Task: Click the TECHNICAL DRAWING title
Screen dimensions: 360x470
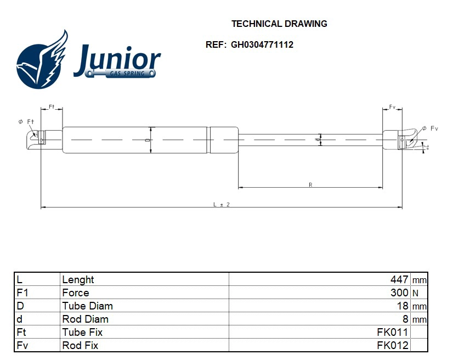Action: pyautogui.click(x=279, y=24)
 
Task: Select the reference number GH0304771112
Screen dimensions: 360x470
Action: pyautogui.click(x=261, y=45)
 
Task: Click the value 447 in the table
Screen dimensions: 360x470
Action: pyautogui.click(x=399, y=279)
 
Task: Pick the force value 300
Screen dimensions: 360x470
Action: pyautogui.click(x=399, y=292)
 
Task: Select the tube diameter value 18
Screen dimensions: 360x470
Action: pyautogui.click(x=403, y=306)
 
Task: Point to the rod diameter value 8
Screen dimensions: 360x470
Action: pyautogui.click(x=405, y=319)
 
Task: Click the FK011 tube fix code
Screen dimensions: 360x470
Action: pyautogui.click(x=393, y=332)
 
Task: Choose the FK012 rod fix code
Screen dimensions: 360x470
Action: pyautogui.click(x=393, y=345)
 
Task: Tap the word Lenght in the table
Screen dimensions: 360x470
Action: pyautogui.click(x=78, y=279)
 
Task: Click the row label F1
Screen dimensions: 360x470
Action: pyautogui.click(x=22, y=292)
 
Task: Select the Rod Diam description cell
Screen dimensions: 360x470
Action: pyautogui.click(x=85, y=319)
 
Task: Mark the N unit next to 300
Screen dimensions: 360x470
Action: pyautogui.click(x=415, y=292)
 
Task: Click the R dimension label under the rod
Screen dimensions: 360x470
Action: pyautogui.click(x=310, y=185)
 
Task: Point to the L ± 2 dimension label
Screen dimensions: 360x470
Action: pyautogui.click(x=221, y=204)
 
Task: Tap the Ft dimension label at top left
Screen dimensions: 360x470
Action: pyautogui.click(x=52, y=106)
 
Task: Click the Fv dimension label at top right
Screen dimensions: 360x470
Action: pyautogui.click(x=393, y=106)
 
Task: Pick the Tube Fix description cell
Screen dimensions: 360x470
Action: pyautogui.click(x=82, y=332)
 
